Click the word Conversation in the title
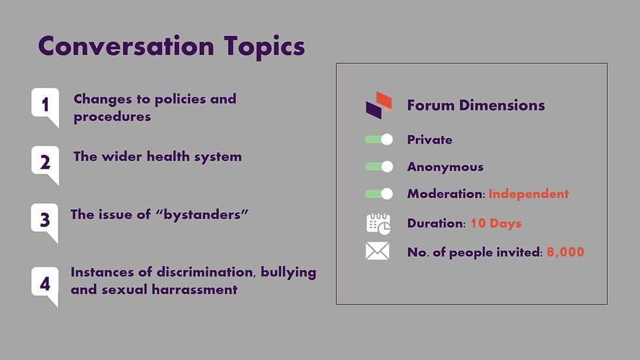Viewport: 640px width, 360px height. tap(126, 46)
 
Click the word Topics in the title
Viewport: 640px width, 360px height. tap(264, 47)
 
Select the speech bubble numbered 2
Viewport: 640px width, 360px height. tap(45, 164)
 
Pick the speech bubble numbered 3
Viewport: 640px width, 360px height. tap(45, 221)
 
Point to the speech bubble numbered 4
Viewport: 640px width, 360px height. tap(45, 285)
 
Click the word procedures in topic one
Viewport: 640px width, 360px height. tap(112, 117)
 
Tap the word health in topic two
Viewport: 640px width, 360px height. tap(168, 156)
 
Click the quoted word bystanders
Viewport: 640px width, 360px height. tap(202, 215)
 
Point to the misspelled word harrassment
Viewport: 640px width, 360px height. tap(195, 289)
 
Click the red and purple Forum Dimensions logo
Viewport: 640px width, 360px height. tap(379, 105)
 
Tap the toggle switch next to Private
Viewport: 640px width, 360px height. tap(379, 140)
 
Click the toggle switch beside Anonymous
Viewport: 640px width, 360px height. tap(379, 167)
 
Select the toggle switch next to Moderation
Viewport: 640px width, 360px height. tap(379, 193)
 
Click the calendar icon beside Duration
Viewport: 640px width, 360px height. tap(378, 223)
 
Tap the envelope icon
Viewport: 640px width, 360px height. tap(377, 251)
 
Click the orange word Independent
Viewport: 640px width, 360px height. tap(528, 194)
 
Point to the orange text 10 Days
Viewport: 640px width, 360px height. tap(496, 223)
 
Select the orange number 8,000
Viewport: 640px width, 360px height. tap(566, 252)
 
